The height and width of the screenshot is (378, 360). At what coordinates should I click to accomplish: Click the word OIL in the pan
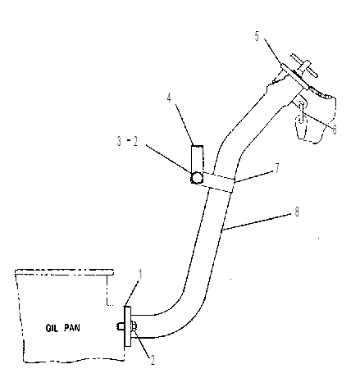[52, 328]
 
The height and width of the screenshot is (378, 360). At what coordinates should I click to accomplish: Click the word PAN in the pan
[72, 328]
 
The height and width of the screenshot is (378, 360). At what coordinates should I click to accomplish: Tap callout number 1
[140, 275]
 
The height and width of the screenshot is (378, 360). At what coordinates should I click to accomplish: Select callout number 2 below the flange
[153, 360]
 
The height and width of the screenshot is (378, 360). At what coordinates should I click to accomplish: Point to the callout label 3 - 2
[127, 141]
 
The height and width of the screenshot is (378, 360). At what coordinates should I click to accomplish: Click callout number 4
[169, 98]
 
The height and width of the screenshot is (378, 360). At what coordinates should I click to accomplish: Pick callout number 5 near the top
[257, 36]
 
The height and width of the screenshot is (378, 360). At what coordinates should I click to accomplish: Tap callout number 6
[335, 130]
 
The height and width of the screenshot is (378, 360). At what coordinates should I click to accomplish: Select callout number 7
[277, 168]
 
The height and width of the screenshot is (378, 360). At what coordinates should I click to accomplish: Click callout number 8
[297, 212]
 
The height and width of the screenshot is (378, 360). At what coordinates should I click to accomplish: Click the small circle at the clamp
[197, 178]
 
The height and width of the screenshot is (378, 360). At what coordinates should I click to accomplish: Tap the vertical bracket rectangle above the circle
[197, 159]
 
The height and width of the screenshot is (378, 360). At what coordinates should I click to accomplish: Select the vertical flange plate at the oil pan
[128, 326]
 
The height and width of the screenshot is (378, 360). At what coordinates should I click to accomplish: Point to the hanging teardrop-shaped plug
[300, 127]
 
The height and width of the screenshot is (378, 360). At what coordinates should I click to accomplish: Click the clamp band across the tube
[218, 182]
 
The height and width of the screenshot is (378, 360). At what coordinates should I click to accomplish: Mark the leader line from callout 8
[256, 222]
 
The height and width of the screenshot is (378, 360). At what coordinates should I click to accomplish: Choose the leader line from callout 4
[185, 125]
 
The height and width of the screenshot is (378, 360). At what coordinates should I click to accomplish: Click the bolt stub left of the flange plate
[120, 326]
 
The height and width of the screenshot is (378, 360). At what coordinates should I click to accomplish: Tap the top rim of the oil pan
[64, 272]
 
